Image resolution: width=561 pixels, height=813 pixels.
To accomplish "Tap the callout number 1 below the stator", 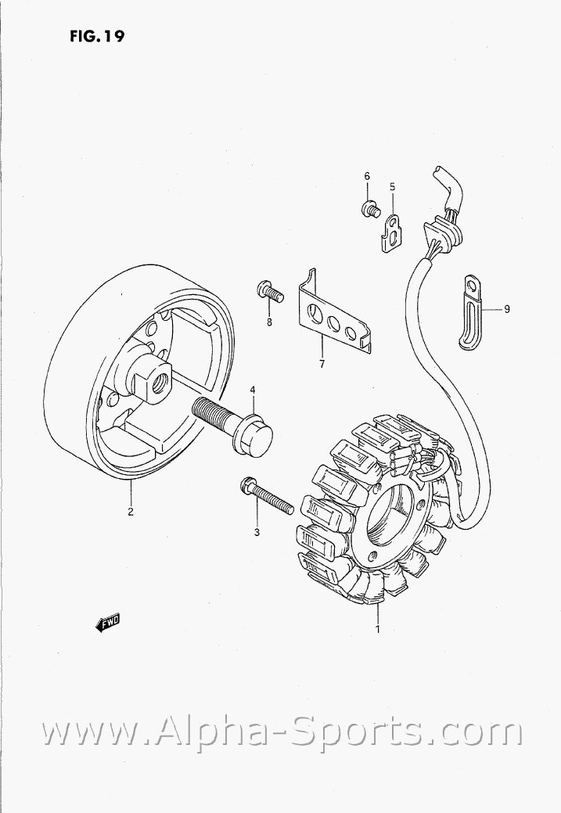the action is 378,629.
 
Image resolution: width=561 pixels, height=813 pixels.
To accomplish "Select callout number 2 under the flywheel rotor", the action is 131,512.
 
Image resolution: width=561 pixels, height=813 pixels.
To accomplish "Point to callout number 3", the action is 257,533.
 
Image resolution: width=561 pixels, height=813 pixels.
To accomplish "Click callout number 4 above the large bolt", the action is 253,390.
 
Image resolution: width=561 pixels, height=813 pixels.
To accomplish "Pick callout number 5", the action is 393,186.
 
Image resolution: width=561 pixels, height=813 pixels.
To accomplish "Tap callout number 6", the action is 367,177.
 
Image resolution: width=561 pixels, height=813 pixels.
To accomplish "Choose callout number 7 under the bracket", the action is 322,364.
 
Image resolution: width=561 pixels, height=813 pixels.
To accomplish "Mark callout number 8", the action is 270,322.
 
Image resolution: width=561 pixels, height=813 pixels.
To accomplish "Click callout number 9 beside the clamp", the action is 506,309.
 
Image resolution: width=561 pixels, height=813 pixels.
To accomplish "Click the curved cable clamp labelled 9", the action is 471,310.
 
